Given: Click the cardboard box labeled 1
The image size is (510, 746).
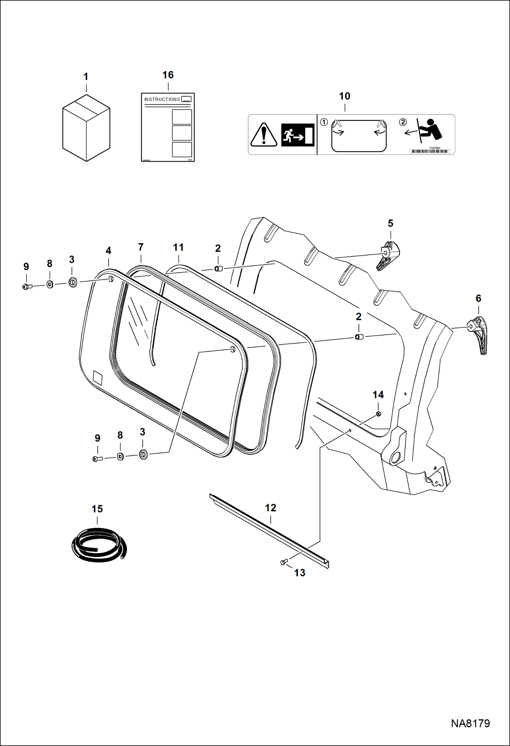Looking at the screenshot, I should (86, 128).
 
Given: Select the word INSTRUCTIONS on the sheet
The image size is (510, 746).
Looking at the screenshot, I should (162, 99).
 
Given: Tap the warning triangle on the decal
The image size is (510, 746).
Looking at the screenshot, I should (264, 135).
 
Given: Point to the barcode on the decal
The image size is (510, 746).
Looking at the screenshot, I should (430, 151).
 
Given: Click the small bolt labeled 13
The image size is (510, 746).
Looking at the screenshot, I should (284, 562).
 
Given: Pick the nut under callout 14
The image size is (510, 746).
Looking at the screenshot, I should (379, 414).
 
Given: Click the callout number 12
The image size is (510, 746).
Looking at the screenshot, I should (271, 508).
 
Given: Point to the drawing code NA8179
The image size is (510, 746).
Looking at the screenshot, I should (470, 723).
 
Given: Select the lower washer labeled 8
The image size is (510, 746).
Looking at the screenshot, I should (120, 457).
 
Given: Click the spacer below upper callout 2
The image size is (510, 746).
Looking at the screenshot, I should (218, 269).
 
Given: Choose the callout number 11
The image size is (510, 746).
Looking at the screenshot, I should (178, 247).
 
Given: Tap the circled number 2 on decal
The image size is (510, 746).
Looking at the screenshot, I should (402, 122).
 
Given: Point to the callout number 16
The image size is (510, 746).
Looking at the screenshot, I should (168, 75).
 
